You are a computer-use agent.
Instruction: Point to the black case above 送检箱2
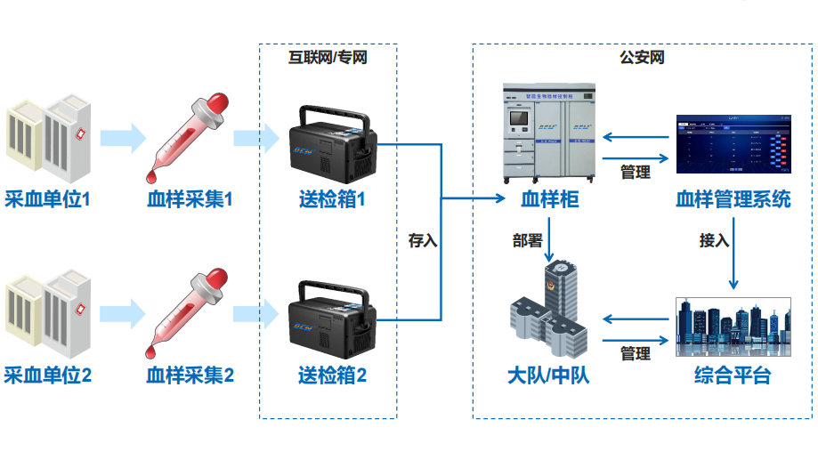tap(332, 318)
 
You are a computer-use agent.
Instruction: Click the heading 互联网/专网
tap(328, 58)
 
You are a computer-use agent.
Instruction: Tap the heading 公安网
tap(643, 58)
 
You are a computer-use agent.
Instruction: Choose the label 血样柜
tap(550, 199)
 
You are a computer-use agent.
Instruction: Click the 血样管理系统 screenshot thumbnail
tap(733, 143)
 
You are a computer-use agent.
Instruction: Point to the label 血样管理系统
tap(733, 199)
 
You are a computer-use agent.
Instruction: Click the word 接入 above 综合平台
tap(714, 240)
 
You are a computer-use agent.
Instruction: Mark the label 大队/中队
tap(548, 375)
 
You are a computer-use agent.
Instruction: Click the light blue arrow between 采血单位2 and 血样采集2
tap(123, 313)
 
